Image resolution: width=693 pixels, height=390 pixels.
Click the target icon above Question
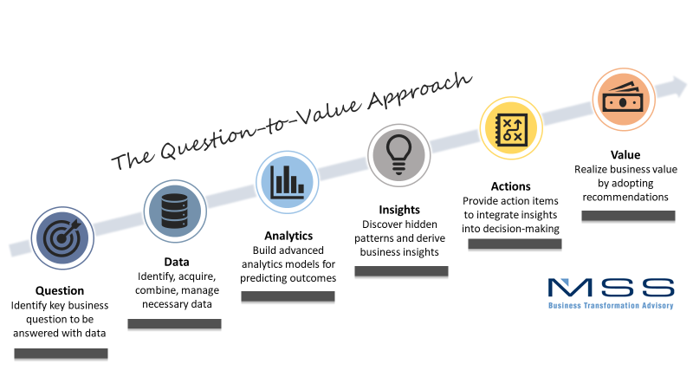(x=62, y=237)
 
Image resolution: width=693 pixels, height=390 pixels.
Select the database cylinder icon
(x=175, y=211)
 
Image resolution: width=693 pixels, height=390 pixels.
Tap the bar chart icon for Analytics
(x=288, y=182)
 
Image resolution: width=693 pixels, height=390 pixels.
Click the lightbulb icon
(x=399, y=155)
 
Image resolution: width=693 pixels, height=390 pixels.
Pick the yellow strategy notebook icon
(x=511, y=128)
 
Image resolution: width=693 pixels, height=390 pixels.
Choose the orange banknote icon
(x=624, y=100)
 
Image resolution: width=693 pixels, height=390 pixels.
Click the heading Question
(x=60, y=290)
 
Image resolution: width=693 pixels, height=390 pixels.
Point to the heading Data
(x=177, y=262)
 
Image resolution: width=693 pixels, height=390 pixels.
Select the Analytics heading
(x=288, y=236)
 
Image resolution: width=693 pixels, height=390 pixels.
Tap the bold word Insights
(x=399, y=210)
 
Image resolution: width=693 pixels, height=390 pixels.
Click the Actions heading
(x=511, y=186)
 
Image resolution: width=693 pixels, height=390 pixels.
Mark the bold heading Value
(x=625, y=155)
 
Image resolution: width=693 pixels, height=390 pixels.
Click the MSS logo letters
(x=612, y=288)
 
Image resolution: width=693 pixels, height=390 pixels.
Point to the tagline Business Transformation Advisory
(x=611, y=306)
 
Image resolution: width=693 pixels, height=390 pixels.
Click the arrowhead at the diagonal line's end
(x=677, y=86)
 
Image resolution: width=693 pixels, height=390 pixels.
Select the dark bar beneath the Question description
(x=61, y=354)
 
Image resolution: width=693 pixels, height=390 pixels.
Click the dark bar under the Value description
(x=628, y=216)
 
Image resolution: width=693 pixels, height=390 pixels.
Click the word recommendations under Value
(x=625, y=197)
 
